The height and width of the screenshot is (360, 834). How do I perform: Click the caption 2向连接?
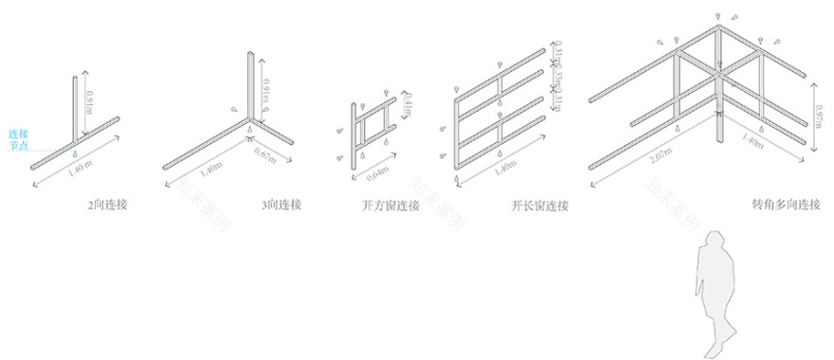point(106,204)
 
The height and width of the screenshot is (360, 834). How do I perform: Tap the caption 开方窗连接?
point(387,204)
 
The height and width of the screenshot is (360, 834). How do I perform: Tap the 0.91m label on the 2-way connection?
point(89,100)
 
